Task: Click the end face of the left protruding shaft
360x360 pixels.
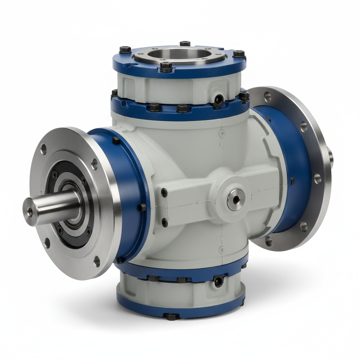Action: tap(30, 212)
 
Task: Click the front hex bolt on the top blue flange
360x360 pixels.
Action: tap(166, 66)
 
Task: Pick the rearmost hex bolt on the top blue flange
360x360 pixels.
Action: tap(185, 44)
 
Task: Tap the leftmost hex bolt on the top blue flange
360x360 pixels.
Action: tap(125, 50)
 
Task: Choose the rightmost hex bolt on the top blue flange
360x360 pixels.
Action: tap(239, 54)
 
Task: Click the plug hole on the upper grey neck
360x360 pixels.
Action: tap(219, 99)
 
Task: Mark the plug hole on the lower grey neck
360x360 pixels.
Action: tap(218, 281)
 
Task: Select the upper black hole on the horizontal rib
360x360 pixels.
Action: tap(164, 193)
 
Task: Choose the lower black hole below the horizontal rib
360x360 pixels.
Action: tap(164, 222)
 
